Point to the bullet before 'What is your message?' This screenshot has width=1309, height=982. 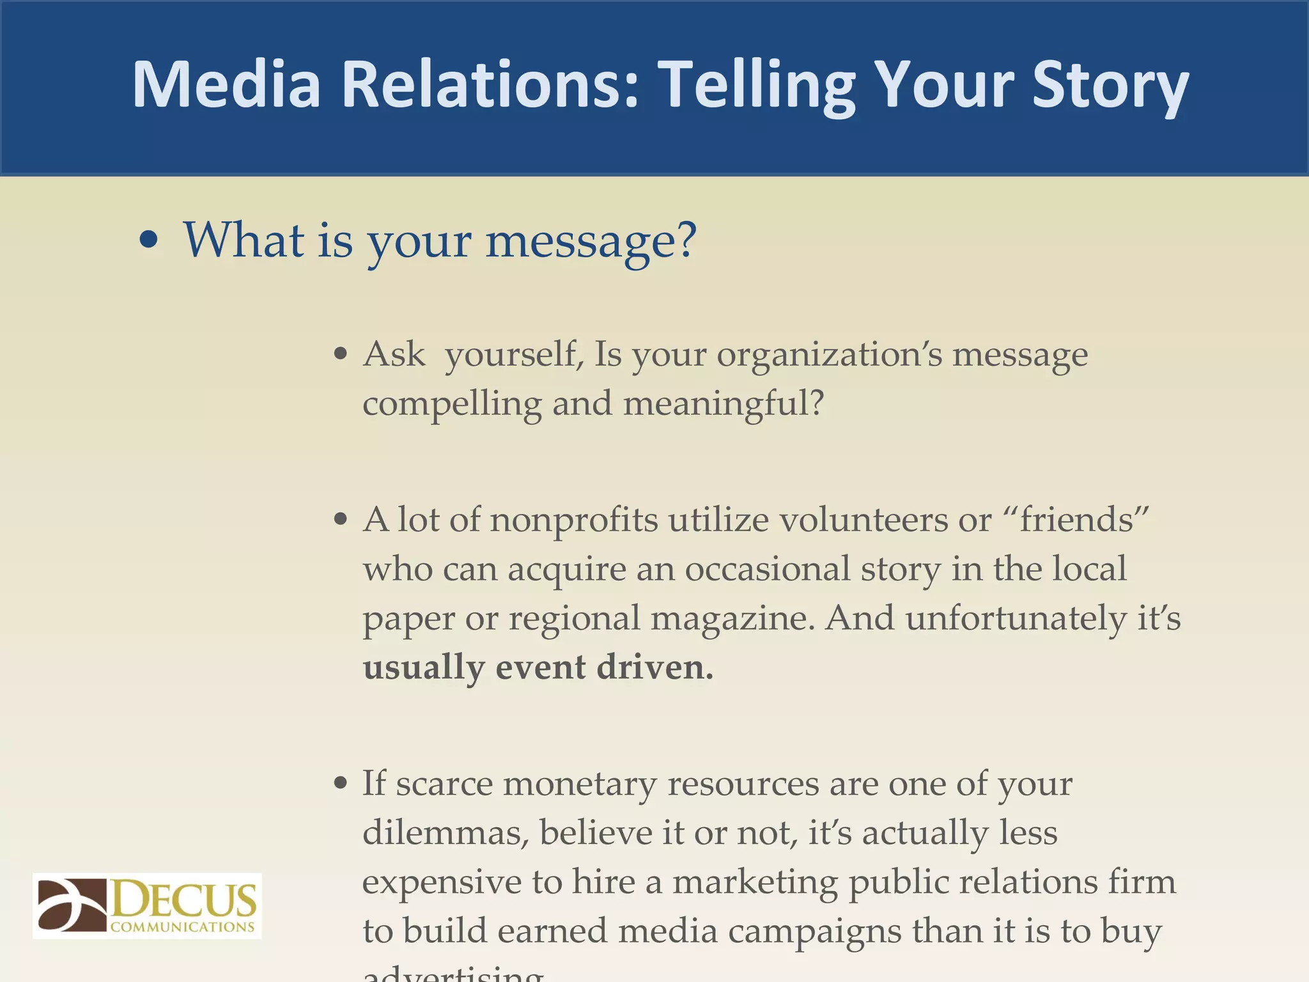coord(148,241)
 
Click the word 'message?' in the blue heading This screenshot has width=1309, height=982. coord(591,242)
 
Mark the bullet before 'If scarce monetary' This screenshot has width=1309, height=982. coord(341,783)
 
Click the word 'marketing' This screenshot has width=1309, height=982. coord(755,883)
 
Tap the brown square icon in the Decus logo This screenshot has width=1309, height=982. coord(72,905)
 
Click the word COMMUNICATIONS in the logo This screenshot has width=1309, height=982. coord(183,926)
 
